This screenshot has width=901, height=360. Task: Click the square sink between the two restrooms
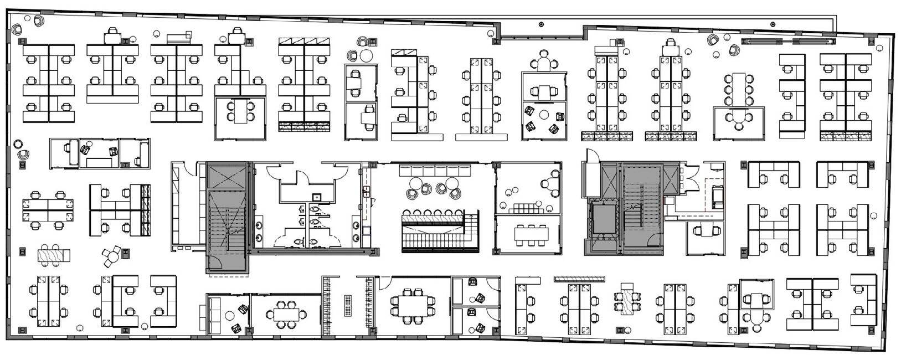pos(315,196)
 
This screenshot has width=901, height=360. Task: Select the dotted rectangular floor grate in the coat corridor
pos(348,305)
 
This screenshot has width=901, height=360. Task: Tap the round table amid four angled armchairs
pos(543,115)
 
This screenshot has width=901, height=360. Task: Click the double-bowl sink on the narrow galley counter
pos(366,192)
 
